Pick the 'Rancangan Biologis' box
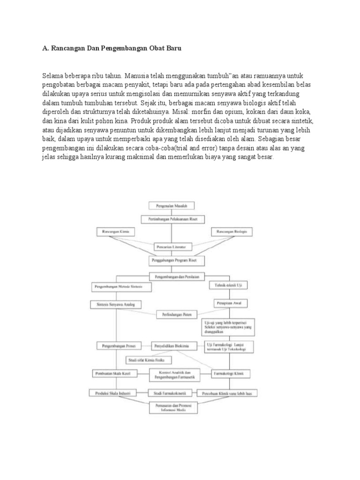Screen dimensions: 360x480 click(232, 232)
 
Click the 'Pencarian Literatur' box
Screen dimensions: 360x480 click(172, 246)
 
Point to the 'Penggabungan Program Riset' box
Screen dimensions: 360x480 click(172, 259)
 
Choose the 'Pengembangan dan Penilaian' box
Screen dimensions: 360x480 click(174, 277)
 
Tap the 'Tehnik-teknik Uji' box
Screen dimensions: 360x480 click(232, 285)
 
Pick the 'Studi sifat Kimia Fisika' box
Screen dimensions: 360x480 click(148, 360)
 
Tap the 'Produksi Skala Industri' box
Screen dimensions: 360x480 click(112, 392)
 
